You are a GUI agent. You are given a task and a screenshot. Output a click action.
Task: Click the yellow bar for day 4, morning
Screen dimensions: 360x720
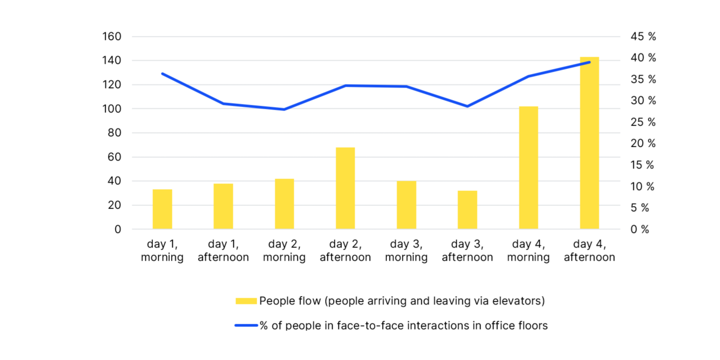point(528,168)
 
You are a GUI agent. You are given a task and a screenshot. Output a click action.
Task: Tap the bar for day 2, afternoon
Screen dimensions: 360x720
point(345,188)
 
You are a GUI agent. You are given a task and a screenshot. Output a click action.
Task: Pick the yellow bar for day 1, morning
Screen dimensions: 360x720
point(162,209)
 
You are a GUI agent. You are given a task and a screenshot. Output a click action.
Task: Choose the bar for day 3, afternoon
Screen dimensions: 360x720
point(467,210)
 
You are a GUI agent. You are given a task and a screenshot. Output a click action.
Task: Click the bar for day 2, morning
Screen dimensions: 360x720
point(284,204)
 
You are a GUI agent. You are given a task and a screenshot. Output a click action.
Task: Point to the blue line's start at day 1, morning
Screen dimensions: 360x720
point(163,74)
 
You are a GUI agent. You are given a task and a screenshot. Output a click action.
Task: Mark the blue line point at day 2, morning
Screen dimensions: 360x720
point(284,110)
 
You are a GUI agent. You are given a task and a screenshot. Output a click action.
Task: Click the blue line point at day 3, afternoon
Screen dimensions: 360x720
point(467,106)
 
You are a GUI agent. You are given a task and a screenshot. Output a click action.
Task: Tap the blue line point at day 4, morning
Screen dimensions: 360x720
point(528,76)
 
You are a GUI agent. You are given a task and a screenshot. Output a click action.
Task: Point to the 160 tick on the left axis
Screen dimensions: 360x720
point(112,37)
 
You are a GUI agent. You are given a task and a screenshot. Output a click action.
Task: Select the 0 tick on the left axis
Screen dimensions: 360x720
point(118,229)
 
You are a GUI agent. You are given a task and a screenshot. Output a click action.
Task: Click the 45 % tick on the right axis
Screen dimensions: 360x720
point(643,37)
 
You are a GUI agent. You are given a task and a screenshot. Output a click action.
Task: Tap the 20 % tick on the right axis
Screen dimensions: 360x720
point(643,143)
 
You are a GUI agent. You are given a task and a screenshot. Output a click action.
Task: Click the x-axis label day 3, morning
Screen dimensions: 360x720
point(406,250)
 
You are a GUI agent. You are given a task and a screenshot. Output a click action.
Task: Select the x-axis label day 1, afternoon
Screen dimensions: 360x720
point(223,250)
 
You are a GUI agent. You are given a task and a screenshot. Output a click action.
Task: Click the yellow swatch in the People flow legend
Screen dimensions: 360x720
point(246,301)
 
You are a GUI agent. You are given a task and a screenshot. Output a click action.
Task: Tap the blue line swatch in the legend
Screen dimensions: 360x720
point(246,326)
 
